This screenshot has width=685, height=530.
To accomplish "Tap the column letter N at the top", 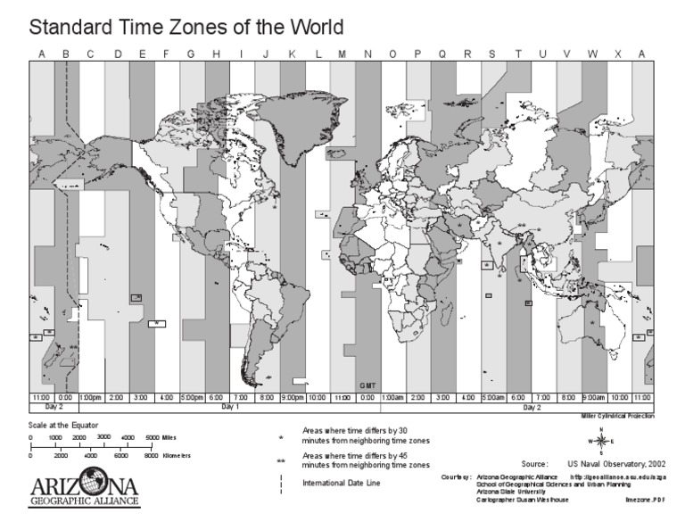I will tap(368, 55).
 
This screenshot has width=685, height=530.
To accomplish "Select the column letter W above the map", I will tap(592, 55).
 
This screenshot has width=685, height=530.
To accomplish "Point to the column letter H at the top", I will tap(216, 55).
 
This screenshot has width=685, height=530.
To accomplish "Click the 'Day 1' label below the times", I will tap(230, 406).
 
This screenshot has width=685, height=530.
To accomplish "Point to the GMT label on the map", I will tap(367, 385).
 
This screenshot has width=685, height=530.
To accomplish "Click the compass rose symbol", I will tap(602, 441).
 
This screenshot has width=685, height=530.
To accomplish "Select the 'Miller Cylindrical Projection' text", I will tap(615, 416).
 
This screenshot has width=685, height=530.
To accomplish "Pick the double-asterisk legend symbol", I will tap(281, 461).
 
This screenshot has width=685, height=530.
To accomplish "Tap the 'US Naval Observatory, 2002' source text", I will tap(615, 464).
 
